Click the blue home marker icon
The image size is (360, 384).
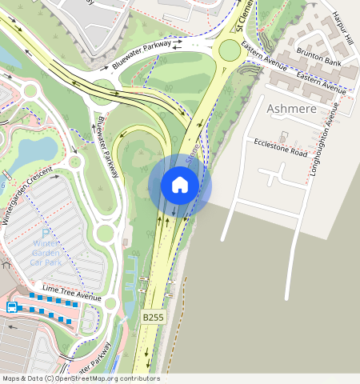click(180, 186)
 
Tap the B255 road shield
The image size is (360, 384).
click(153, 318)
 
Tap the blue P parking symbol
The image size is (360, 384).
click(46, 234)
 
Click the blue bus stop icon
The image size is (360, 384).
click(12, 307)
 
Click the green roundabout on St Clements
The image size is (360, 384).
click(229, 51)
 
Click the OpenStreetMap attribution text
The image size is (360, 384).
click(80, 378)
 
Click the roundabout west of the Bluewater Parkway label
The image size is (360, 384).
click(102, 86)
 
